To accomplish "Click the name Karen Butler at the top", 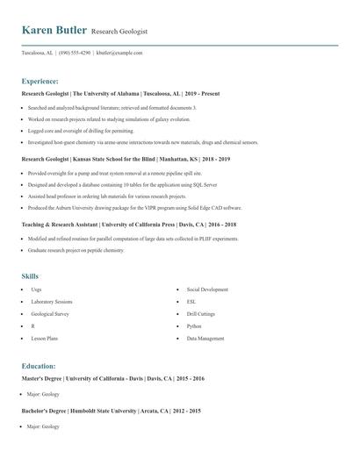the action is [x=54, y=31].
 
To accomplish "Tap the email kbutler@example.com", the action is [x=119, y=53].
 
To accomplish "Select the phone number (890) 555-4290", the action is [x=75, y=53].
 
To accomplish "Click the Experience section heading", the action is [x=40, y=80].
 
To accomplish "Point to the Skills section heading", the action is [x=30, y=276].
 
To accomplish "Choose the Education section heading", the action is [x=39, y=366].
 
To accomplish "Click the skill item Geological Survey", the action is [x=49, y=313].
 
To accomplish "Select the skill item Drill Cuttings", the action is [x=200, y=313].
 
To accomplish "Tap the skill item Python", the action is [x=194, y=325].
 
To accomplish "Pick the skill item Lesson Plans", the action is [x=44, y=338].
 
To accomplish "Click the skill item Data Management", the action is [x=205, y=338].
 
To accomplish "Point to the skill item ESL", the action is [x=191, y=301].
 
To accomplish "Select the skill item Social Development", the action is [x=207, y=289].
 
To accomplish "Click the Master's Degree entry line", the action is [x=112, y=378].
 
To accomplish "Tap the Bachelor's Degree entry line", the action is [x=111, y=411].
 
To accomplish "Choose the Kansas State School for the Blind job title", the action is [x=125, y=160].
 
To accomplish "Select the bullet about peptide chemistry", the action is [x=76, y=250].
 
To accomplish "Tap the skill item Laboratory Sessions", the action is [x=52, y=301].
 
